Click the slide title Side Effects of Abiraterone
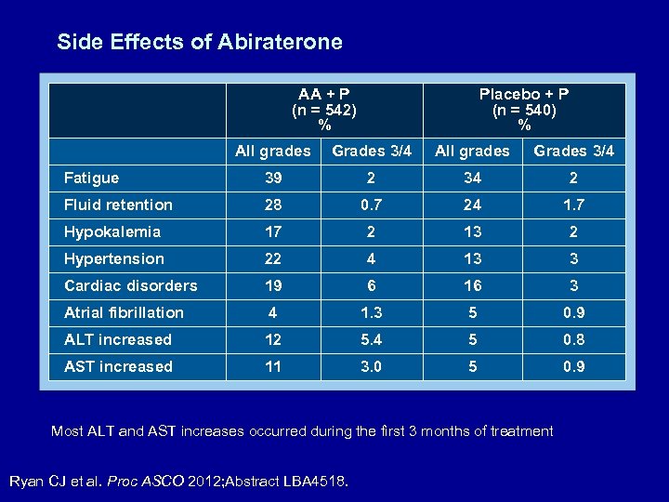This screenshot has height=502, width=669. pyautogui.click(x=199, y=42)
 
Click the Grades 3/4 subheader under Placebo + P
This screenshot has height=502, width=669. pyautogui.click(x=573, y=151)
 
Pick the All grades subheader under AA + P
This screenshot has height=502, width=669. pyautogui.click(x=273, y=151)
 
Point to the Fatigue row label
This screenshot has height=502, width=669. pyautogui.click(x=91, y=178)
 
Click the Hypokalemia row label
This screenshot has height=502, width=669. pyautogui.click(x=112, y=231)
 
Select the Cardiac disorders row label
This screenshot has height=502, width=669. pyautogui.click(x=130, y=285)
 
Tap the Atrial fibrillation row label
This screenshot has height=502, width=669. pyautogui.click(x=124, y=312)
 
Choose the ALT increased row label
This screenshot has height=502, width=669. pyautogui.click(x=118, y=339)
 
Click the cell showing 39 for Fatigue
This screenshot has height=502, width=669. pyautogui.click(x=273, y=178)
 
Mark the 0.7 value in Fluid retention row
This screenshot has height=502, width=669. pyautogui.click(x=372, y=205)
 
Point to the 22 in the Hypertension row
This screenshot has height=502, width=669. pyautogui.click(x=273, y=258)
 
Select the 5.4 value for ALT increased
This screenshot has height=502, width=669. pyautogui.click(x=372, y=339)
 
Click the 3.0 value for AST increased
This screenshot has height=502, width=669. pyautogui.click(x=372, y=366)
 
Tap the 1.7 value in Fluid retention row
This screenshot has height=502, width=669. pyautogui.click(x=573, y=205)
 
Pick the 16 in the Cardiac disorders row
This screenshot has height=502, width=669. pyautogui.click(x=472, y=285)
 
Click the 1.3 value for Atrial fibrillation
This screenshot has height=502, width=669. pyautogui.click(x=372, y=312)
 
